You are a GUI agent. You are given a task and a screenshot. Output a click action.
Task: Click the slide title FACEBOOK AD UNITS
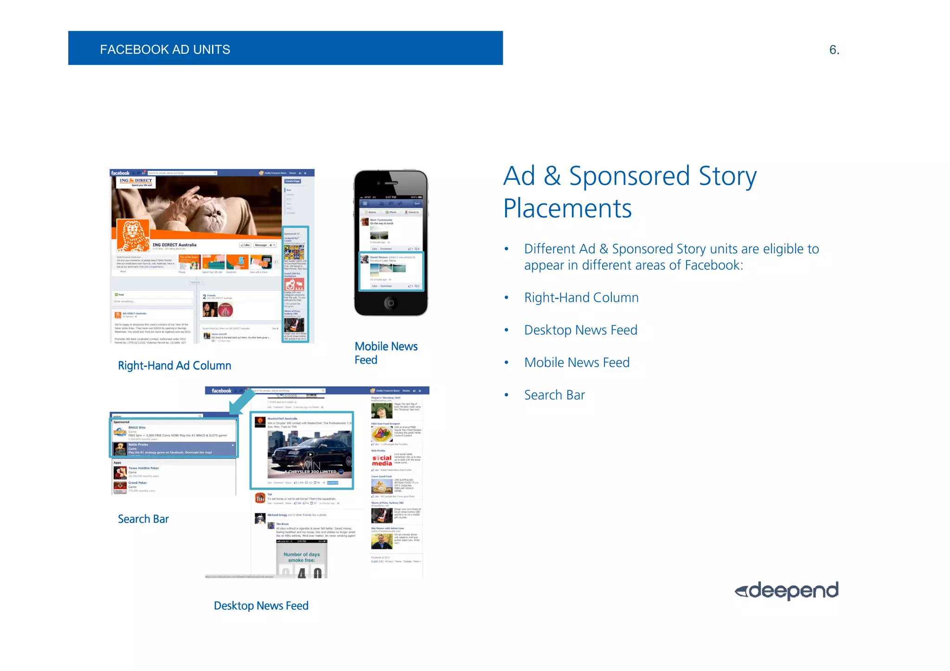(165, 50)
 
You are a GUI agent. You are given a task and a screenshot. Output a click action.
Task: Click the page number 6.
(834, 50)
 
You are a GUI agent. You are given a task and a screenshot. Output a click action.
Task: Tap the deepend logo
(787, 590)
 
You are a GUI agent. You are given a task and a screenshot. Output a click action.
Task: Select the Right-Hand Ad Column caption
(174, 366)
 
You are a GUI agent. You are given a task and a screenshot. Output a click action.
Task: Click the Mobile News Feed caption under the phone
(385, 353)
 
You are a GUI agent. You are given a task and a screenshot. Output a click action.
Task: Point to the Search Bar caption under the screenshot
(143, 519)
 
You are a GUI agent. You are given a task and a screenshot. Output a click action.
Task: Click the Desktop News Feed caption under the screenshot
(261, 606)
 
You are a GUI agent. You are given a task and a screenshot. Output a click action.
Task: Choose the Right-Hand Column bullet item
(581, 298)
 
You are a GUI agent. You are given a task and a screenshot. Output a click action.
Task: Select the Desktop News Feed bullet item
(581, 330)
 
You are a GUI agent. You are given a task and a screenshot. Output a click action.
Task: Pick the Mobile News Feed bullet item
(577, 362)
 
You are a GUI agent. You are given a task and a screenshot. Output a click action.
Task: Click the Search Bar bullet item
(554, 395)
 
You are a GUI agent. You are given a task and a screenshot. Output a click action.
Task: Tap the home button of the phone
(391, 303)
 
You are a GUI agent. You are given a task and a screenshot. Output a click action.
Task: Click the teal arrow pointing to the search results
(241, 401)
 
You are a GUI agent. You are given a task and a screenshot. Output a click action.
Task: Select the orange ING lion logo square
(133, 235)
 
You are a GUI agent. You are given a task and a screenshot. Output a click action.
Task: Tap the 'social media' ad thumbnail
(382, 460)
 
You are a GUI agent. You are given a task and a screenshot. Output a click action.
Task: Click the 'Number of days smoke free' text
(302, 557)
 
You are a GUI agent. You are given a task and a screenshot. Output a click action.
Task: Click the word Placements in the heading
(567, 209)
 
